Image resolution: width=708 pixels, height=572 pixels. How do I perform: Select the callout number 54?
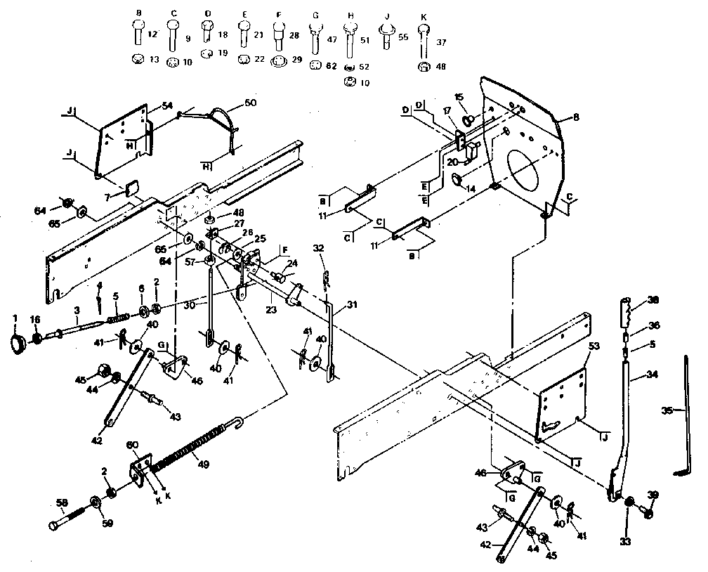click(x=166, y=105)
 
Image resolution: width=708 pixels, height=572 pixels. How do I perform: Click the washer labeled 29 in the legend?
click(x=278, y=62)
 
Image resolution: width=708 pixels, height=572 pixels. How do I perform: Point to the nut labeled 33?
click(x=629, y=502)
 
